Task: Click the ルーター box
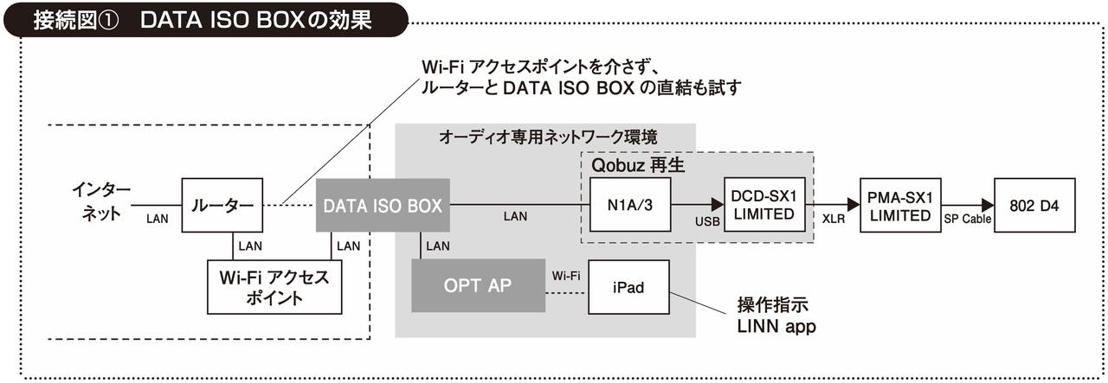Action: click(x=222, y=206)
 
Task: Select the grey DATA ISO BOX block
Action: click(x=383, y=206)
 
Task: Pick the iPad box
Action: click(x=628, y=287)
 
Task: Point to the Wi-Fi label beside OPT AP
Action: click(x=565, y=276)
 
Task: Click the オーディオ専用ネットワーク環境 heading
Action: click(x=548, y=137)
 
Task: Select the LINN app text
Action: click(x=776, y=327)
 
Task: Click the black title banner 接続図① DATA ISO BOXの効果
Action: click(x=203, y=19)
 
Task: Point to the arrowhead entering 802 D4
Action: click(x=988, y=206)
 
